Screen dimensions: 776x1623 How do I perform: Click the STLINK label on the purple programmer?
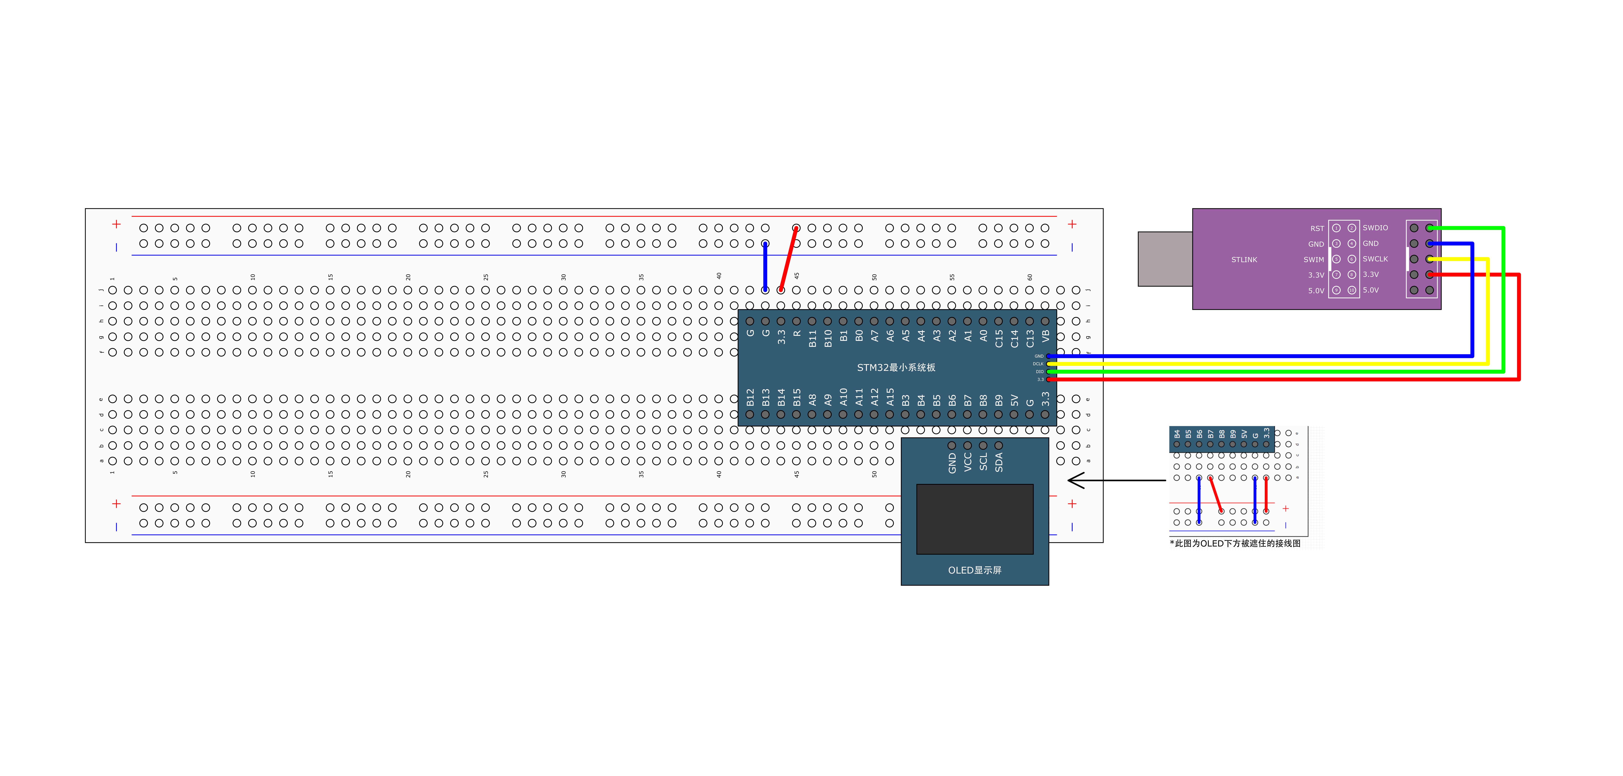pos(1244,260)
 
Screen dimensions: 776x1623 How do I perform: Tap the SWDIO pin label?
pos(1375,228)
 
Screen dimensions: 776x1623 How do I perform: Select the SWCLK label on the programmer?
pos(1375,259)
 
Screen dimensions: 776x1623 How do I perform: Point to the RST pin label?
pos(1317,229)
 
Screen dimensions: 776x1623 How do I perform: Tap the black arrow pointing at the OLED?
pos(1115,481)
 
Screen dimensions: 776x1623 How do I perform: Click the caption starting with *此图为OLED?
pos(1235,543)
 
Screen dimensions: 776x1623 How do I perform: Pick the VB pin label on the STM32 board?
pos(1045,336)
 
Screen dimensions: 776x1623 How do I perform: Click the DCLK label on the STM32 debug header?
pos(1038,364)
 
